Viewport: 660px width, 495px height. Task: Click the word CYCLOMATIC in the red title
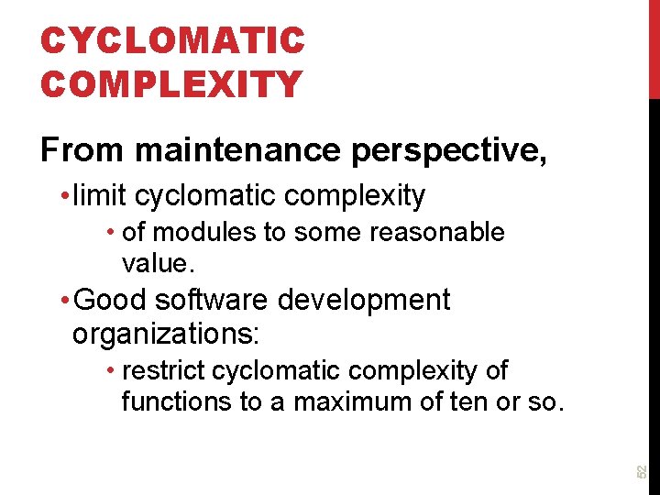pyautogui.click(x=171, y=41)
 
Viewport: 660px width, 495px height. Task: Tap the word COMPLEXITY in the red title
pyautogui.click(x=171, y=84)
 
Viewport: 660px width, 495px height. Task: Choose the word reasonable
pyautogui.click(x=436, y=233)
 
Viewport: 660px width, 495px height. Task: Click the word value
pyautogui.click(x=155, y=264)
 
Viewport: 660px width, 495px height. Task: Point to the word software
pyautogui.click(x=211, y=301)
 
